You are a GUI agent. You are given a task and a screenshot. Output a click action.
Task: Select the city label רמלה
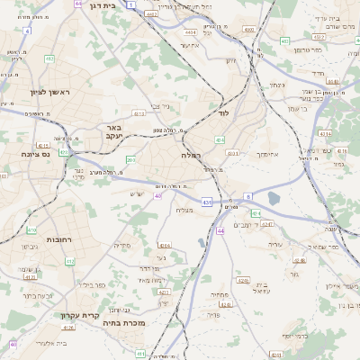click(190, 155)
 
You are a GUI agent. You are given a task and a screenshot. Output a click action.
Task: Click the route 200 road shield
click(130, 161)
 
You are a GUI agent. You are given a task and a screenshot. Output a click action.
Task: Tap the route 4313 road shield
click(139, 114)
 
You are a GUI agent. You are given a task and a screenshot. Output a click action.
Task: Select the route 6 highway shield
click(231, 199)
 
